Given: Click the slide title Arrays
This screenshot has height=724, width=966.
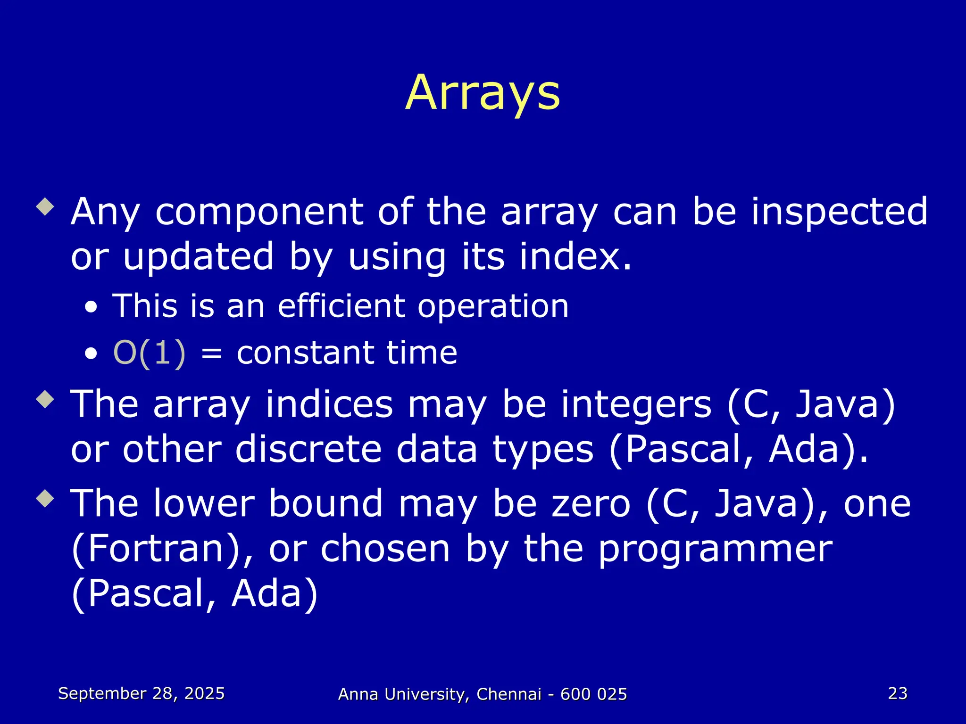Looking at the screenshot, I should point(483,93).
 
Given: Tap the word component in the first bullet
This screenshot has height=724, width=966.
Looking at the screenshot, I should point(258,212).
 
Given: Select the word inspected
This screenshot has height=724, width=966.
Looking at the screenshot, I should point(839,212).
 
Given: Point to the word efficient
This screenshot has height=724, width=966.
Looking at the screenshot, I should point(341,306).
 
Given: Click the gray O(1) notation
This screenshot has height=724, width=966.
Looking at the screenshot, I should point(150,353).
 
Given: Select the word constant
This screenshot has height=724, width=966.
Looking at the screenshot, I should point(305,353).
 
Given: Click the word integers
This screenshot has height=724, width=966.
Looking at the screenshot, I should point(636,404).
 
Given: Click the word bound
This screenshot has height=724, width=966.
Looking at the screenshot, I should point(325,503).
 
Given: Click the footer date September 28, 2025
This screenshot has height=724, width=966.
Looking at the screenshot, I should point(141,693).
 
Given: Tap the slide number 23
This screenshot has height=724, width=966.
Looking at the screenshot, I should point(897,693).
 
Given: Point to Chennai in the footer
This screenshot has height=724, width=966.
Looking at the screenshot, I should point(508,694).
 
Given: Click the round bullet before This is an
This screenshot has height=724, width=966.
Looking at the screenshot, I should point(92,308).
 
